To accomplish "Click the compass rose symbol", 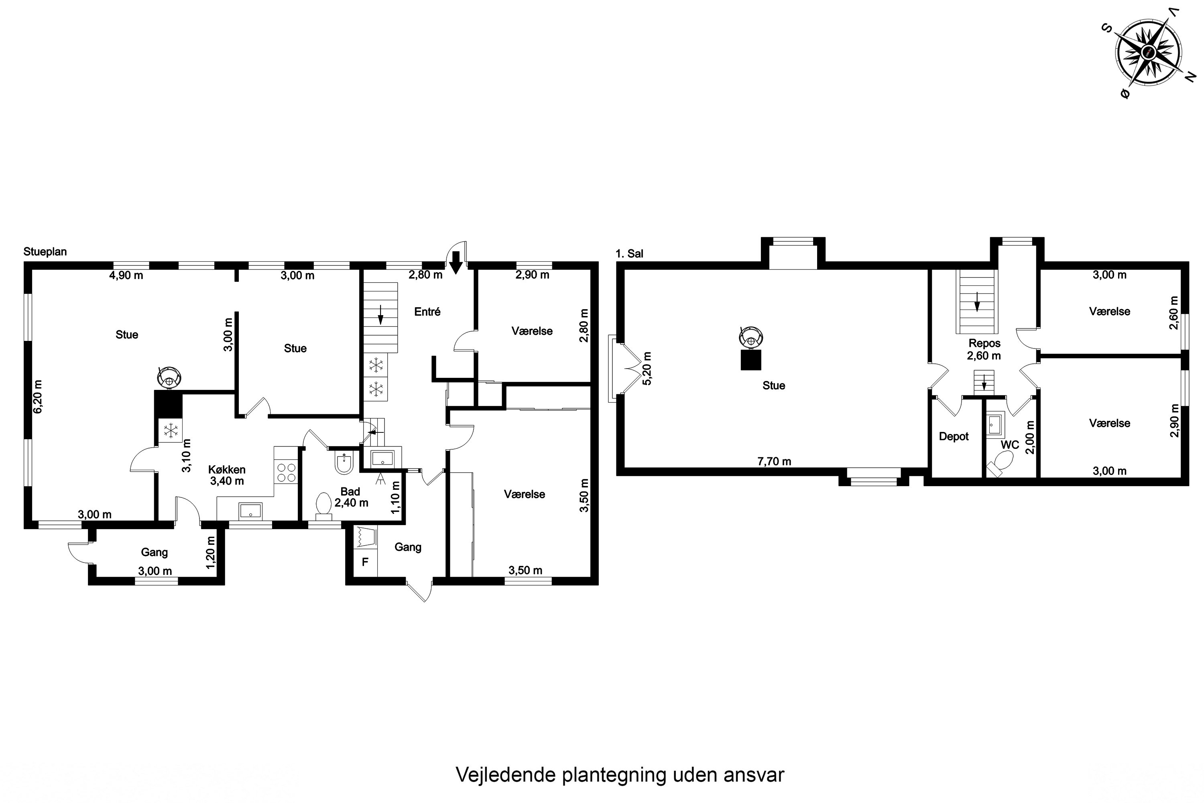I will pyautogui.click(x=1149, y=52).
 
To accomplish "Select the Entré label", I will pyautogui.click(x=427, y=312).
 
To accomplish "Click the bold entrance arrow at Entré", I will pyautogui.click(x=456, y=264).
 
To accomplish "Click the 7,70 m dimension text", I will pyautogui.click(x=774, y=461).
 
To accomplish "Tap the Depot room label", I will pyautogui.click(x=954, y=436).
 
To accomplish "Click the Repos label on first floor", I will pyautogui.click(x=984, y=343).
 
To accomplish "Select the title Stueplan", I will pyautogui.click(x=45, y=252).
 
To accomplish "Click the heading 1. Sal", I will pyautogui.click(x=629, y=253).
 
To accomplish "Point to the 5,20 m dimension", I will pyautogui.click(x=647, y=368).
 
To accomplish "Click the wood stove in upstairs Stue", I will pyautogui.click(x=751, y=336).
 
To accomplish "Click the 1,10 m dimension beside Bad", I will pyautogui.click(x=395, y=497).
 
